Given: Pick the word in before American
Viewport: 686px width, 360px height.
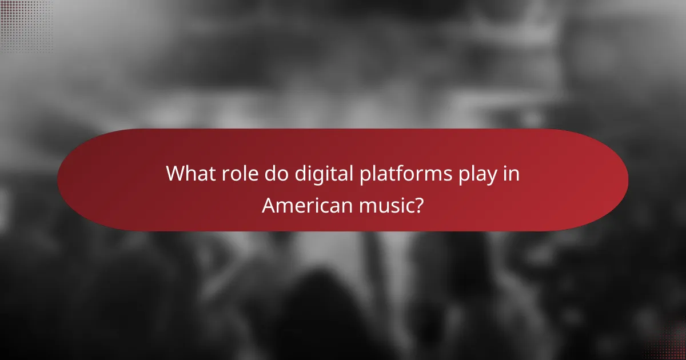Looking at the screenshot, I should tap(512, 174).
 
